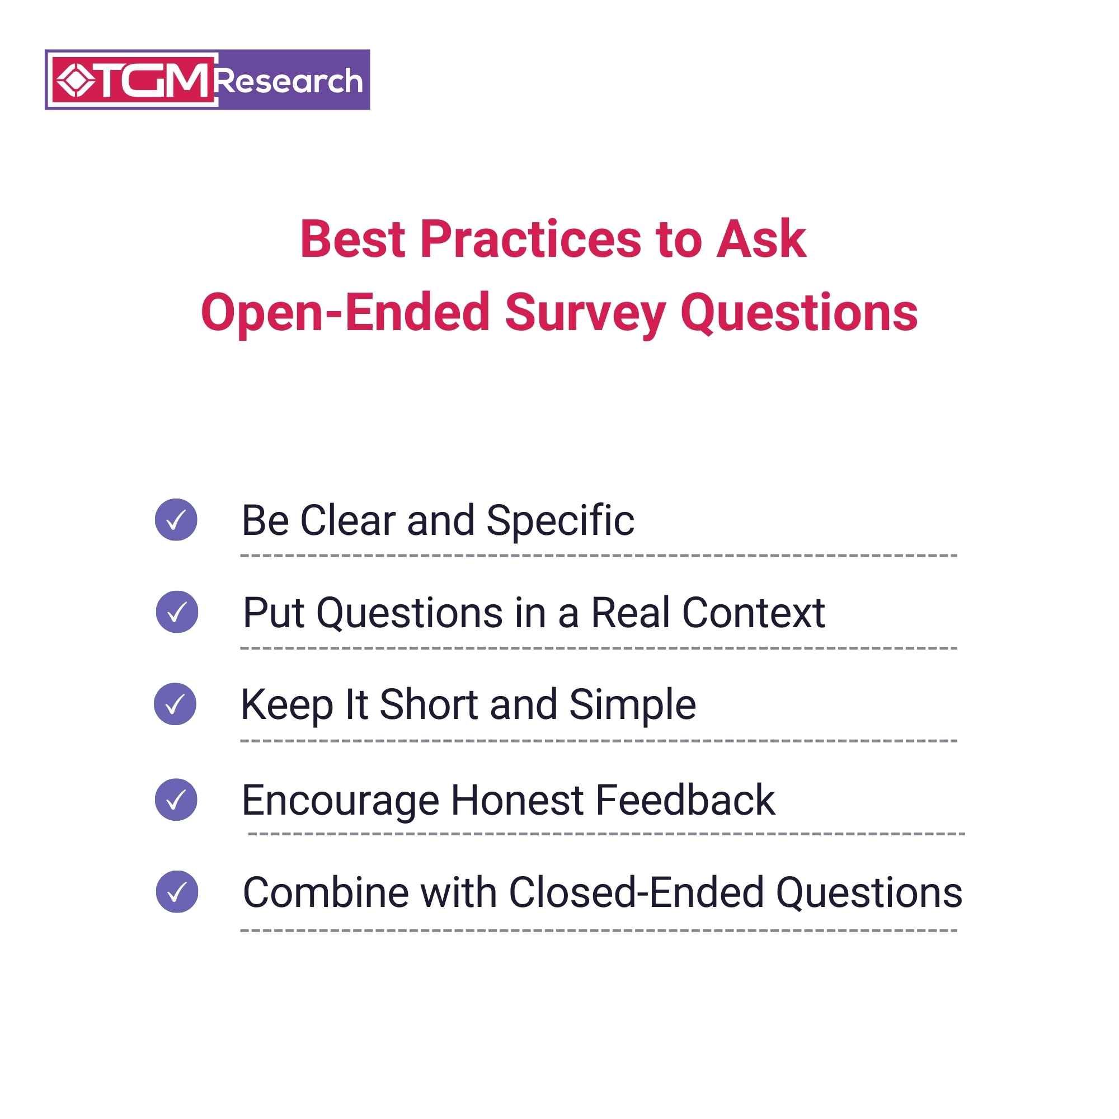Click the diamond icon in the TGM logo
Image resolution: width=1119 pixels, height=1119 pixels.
(x=76, y=80)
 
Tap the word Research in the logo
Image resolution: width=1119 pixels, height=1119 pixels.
(x=289, y=81)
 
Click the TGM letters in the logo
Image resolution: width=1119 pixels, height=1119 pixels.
(x=152, y=80)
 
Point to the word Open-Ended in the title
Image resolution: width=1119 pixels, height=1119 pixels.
(x=346, y=313)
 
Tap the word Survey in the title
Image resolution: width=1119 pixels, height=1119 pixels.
(x=585, y=313)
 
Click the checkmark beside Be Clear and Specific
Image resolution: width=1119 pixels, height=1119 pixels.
(x=176, y=520)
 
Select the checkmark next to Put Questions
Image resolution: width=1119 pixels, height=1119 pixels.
(x=177, y=612)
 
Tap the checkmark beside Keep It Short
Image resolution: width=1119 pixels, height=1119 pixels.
(x=175, y=704)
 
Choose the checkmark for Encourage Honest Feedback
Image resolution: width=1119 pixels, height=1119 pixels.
(x=176, y=800)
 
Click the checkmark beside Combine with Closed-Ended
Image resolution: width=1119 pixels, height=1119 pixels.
(x=177, y=891)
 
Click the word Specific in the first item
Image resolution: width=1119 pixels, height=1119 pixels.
(x=560, y=521)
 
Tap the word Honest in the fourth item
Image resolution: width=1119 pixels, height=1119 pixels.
(x=517, y=801)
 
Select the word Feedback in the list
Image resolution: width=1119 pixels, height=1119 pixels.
(x=685, y=801)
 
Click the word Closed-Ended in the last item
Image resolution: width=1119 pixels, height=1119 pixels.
(x=636, y=892)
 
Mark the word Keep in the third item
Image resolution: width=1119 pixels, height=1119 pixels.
(x=286, y=705)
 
